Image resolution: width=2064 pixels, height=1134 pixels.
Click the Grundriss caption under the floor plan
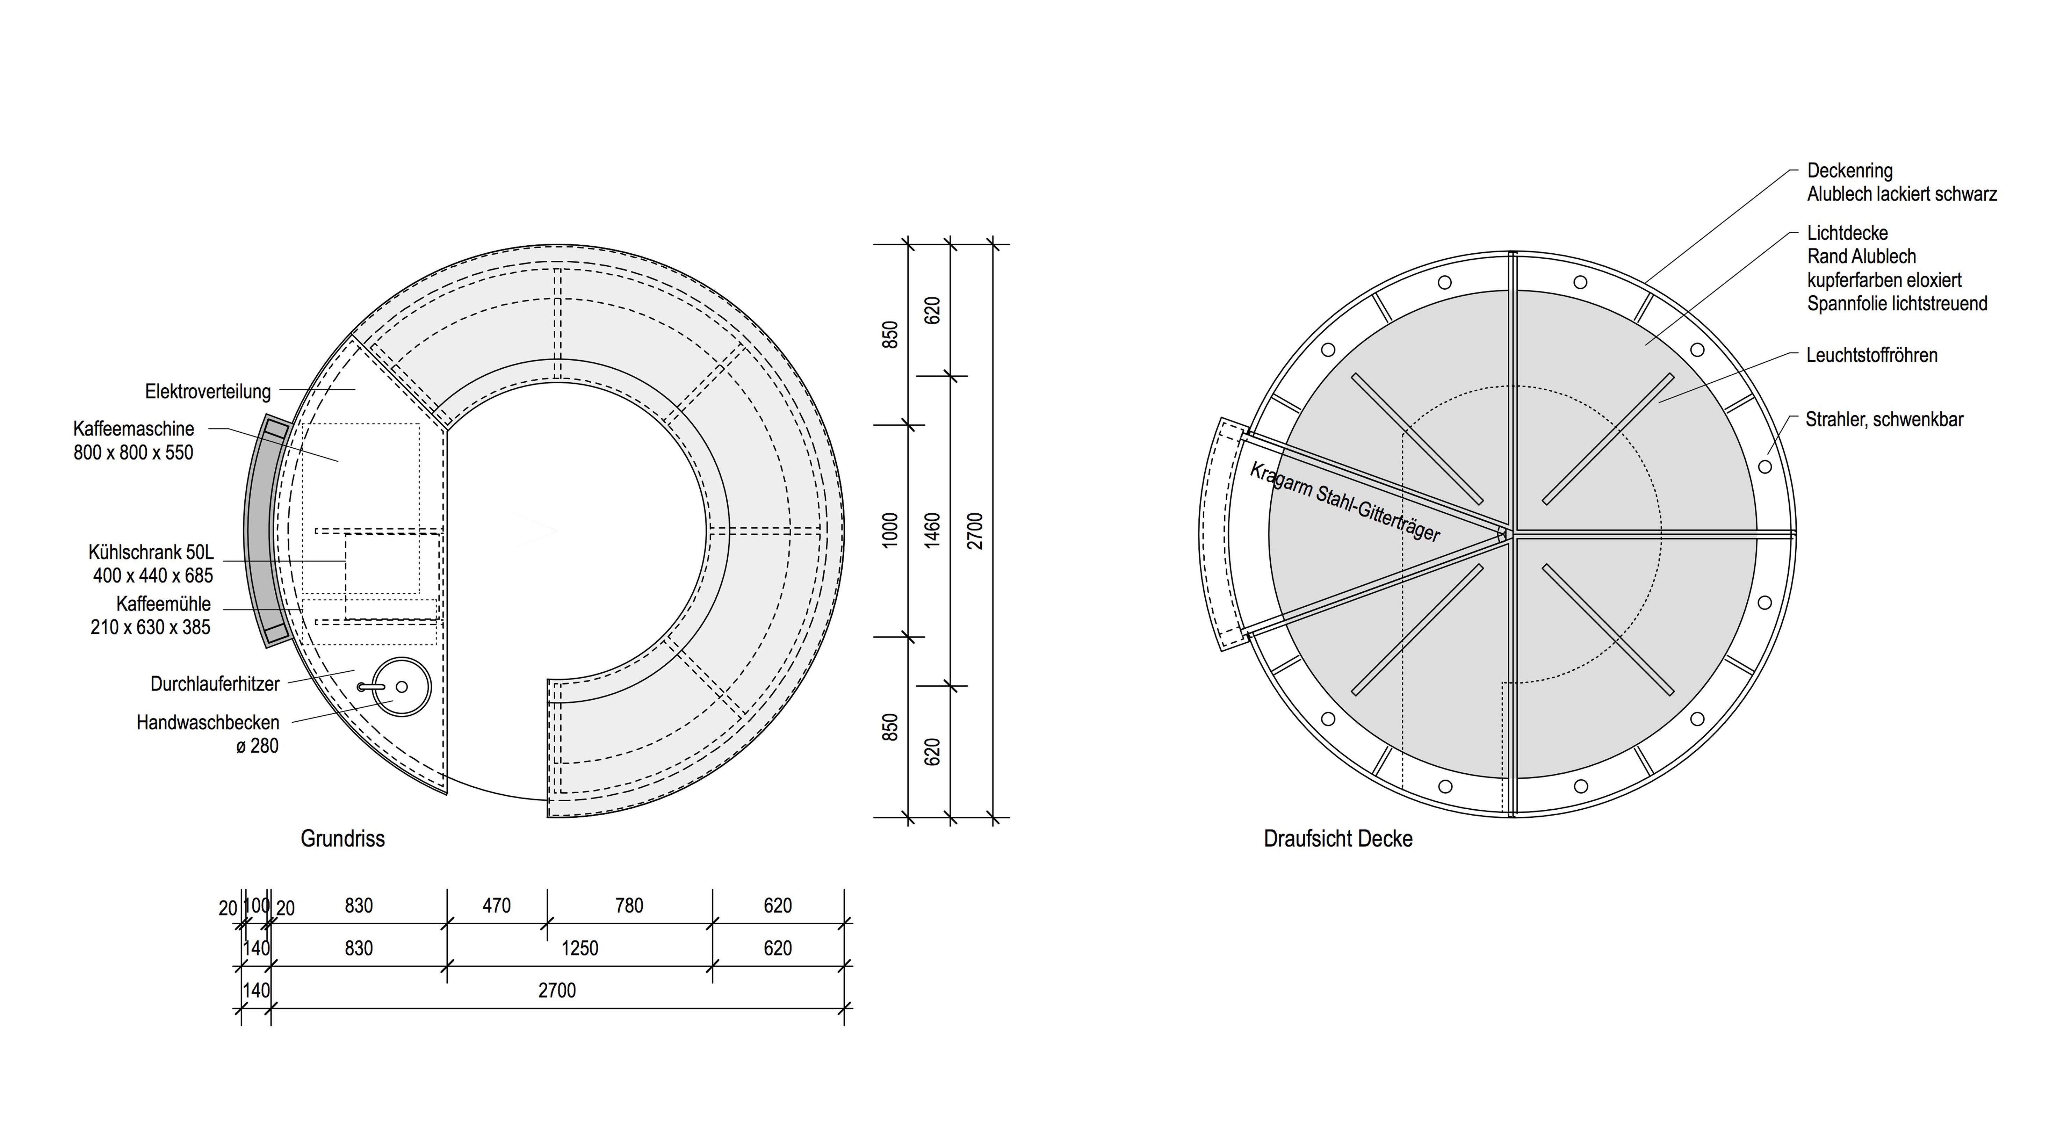[x=343, y=839]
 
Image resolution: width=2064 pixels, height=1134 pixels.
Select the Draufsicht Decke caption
[x=1338, y=839]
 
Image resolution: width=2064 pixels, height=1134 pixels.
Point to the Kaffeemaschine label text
[x=134, y=429]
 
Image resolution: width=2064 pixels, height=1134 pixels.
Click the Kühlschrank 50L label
[x=151, y=552]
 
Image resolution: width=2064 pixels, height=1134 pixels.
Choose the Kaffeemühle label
[x=164, y=604]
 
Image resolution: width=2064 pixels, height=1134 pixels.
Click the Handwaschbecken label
[x=208, y=723]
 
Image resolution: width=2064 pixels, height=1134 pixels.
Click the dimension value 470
[x=497, y=905]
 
